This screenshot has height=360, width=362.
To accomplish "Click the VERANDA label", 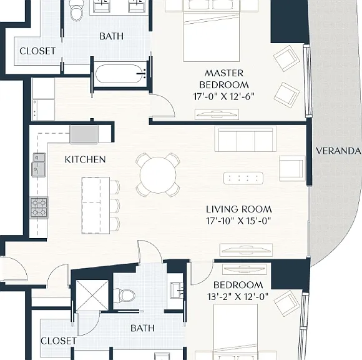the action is pyautogui.click(x=338, y=151).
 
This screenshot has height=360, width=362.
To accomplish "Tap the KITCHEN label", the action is pyautogui.click(x=85, y=159).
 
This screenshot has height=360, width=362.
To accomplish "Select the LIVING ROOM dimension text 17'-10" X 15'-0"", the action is pyautogui.click(x=238, y=221).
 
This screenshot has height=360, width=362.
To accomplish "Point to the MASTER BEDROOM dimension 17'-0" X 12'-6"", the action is pyautogui.click(x=223, y=96).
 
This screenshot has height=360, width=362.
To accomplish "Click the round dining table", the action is pyautogui.click(x=158, y=175).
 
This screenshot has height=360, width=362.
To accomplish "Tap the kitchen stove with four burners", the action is pyautogui.click(x=39, y=207).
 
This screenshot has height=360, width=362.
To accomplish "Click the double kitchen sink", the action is pyautogui.click(x=39, y=165).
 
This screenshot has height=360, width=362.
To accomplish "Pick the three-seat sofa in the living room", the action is pyautogui.click(x=245, y=139).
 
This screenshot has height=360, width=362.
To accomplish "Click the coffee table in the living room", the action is pyautogui.click(x=243, y=178).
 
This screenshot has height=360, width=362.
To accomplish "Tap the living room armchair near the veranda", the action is pyautogui.click(x=292, y=168).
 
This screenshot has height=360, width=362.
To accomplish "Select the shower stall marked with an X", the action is pyautogui.click(x=92, y=296).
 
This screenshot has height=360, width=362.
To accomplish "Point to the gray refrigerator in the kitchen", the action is pyautogui.click(x=84, y=135).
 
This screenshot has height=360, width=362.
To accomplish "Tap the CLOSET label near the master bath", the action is pyautogui.click(x=37, y=51).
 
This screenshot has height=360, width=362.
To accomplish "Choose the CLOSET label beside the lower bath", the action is pyautogui.click(x=59, y=341).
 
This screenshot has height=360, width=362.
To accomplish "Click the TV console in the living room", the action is pyautogui.click(x=246, y=250).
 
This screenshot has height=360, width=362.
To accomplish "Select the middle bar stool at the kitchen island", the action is pyautogui.click(x=115, y=206).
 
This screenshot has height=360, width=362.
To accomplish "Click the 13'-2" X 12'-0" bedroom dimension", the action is pyautogui.click(x=238, y=296).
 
